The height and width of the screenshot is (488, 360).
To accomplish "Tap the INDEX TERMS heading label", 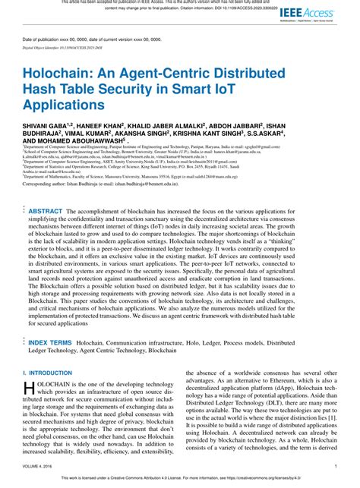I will coord(49,342).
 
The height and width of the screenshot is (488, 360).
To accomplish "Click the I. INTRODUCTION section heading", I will coord(49,373).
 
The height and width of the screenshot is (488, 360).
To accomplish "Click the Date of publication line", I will coord(91,39).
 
